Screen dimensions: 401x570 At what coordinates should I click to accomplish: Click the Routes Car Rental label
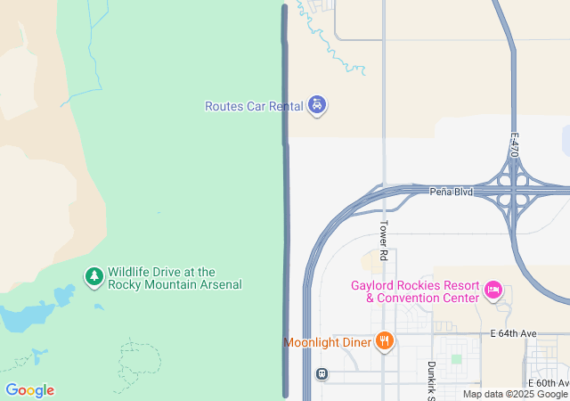(254, 106)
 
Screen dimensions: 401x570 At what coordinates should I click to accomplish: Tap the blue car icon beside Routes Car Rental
(317, 106)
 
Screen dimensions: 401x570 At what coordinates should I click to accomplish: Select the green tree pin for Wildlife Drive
(94, 277)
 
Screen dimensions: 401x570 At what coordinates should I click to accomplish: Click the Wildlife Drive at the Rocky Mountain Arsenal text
(175, 278)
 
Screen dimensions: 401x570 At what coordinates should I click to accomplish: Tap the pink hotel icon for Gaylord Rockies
(493, 290)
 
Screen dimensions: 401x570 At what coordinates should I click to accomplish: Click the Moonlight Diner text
(327, 342)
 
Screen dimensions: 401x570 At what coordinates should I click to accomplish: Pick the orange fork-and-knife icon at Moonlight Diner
(384, 340)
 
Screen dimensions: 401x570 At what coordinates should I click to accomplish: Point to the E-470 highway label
(514, 145)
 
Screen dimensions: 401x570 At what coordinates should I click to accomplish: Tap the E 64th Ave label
(514, 333)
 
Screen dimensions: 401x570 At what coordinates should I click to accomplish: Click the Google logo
(29, 390)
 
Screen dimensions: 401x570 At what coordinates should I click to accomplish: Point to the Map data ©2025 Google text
(514, 394)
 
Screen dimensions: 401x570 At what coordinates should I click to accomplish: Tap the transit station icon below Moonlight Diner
(321, 374)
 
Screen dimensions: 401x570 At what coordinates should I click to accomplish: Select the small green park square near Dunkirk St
(457, 359)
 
